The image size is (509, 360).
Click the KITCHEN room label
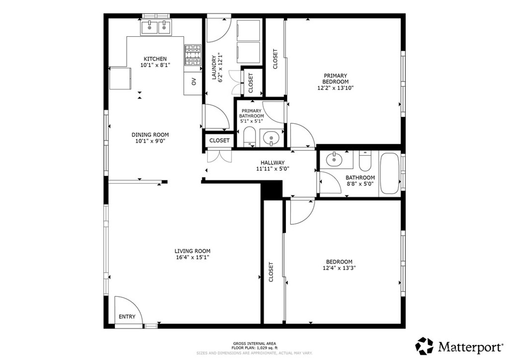click(155, 59)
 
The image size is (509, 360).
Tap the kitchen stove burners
click(193, 56)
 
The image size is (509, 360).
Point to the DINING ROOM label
click(150, 135)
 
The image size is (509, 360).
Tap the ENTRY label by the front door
click(127, 317)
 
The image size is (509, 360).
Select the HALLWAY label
click(272, 163)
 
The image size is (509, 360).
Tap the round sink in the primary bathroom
click(271, 136)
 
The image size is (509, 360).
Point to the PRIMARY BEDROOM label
click(335, 79)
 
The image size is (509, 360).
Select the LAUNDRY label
click(215, 68)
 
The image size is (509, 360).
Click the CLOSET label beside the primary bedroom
click(275, 58)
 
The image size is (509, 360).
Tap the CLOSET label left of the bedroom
click(271, 272)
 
